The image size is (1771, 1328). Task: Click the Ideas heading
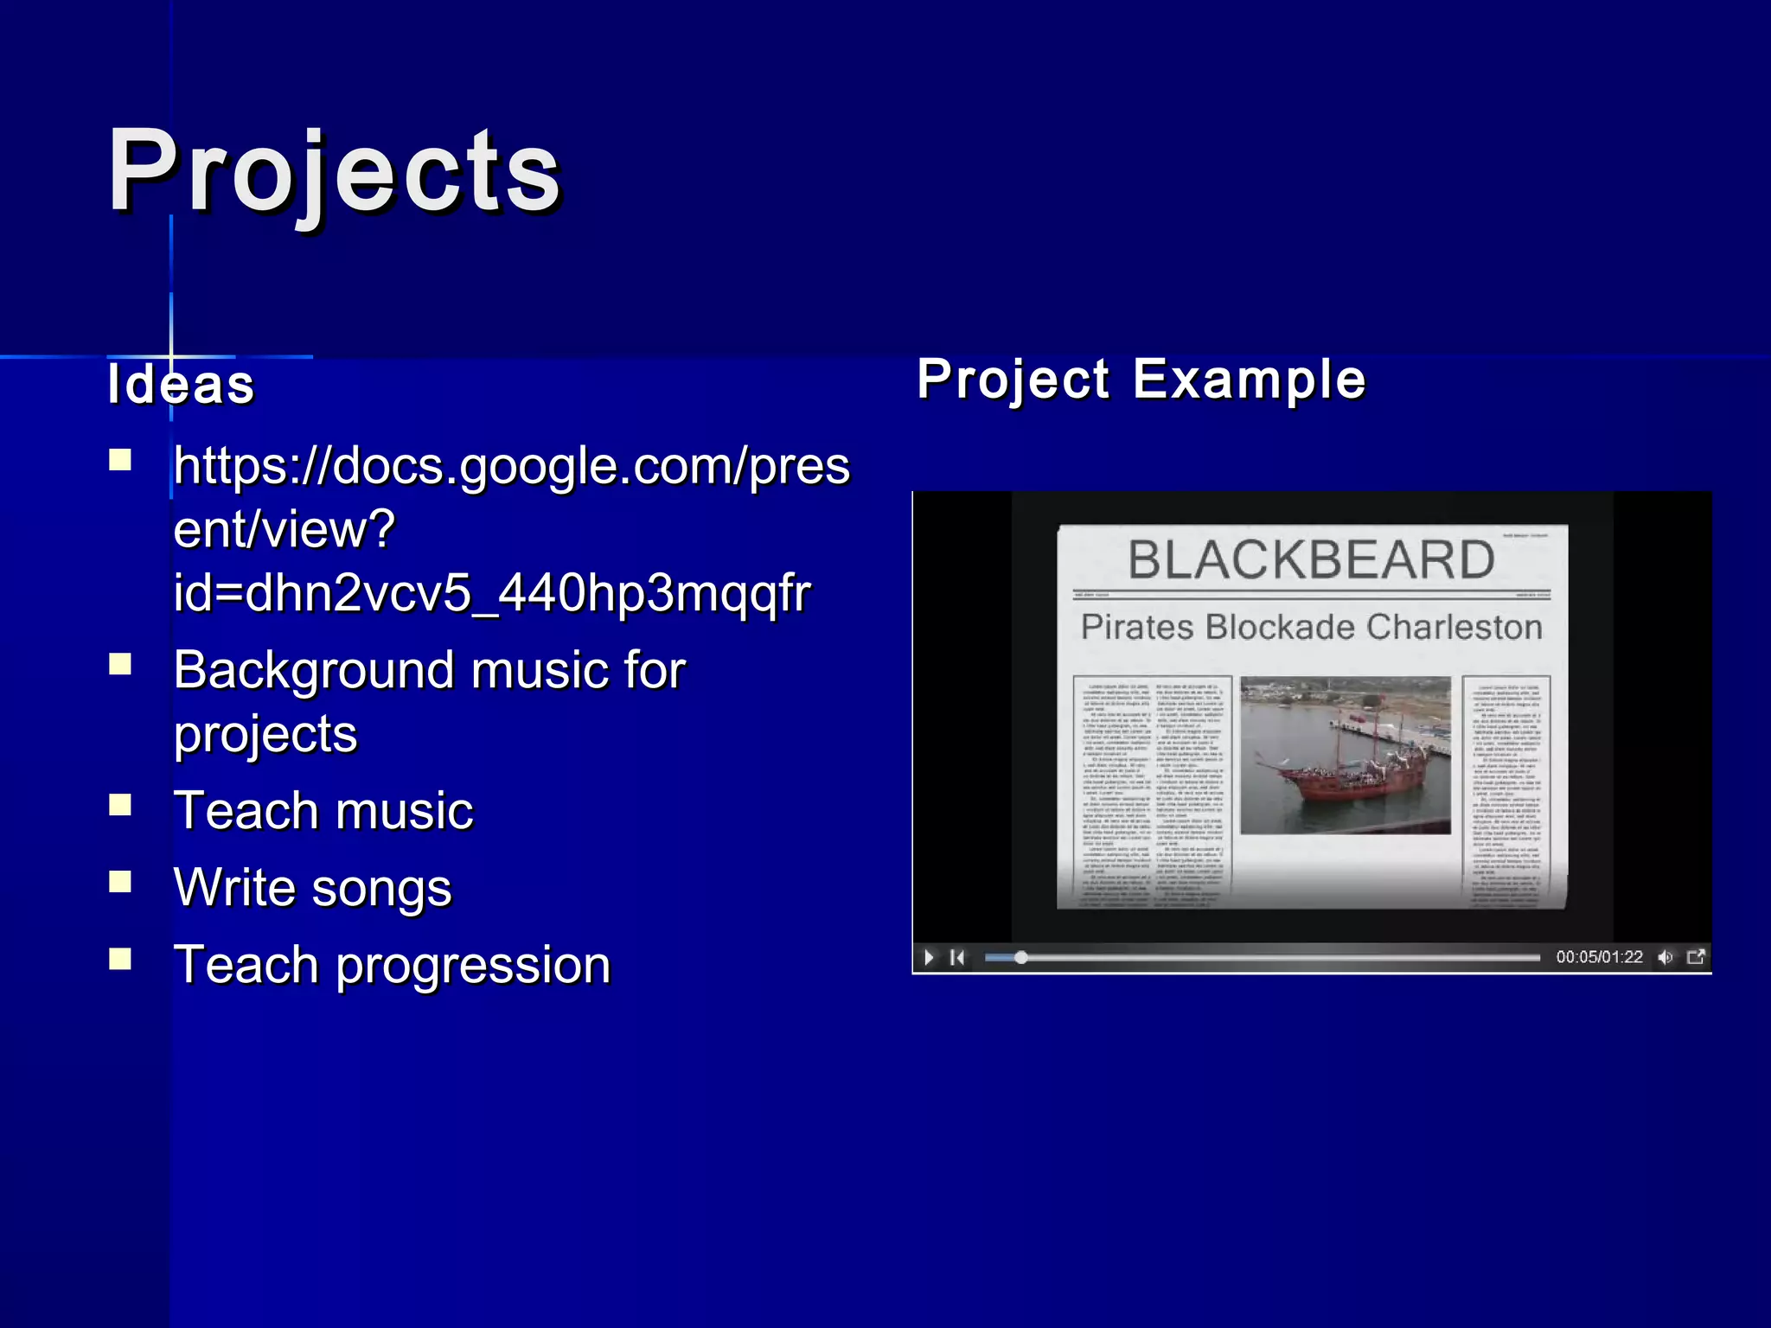click(x=181, y=384)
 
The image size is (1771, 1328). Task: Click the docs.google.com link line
click(x=511, y=467)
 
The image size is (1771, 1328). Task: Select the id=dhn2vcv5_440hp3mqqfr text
click(x=491, y=593)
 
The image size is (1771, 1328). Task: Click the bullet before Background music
click(x=120, y=664)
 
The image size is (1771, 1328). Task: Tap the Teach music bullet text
click(x=323, y=811)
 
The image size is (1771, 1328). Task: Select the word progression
click(x=473, y=965)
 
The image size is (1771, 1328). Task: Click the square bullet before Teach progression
click(x=120, y=958)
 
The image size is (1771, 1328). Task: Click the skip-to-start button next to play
click(x=957, y=957)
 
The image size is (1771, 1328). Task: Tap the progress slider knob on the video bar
click(x=1021, y=957)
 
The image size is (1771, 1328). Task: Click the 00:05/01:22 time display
click(x=1599, y=957)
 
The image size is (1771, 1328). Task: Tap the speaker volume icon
click(x=1665, y=957)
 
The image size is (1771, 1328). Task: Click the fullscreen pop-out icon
click(x=1696, y=956)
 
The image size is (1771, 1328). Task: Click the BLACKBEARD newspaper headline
click(x=1311, y=559)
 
